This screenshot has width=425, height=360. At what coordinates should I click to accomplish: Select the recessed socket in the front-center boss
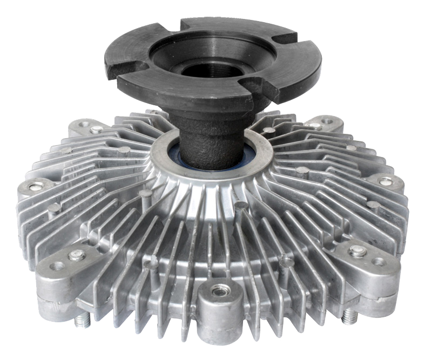[220, 291]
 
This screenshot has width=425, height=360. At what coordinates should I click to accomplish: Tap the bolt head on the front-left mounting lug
[77, 255]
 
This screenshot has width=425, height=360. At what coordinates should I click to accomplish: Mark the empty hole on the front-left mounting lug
[57, 266]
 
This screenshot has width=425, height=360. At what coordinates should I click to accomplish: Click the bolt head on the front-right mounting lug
[358, 251]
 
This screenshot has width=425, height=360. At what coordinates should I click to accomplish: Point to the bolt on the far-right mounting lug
[385, 182]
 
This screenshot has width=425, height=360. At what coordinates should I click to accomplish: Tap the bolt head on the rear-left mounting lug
[96, 130]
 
